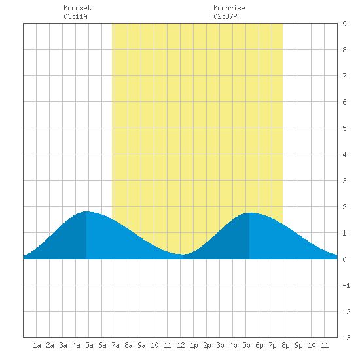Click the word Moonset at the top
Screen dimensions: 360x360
coord(77,8)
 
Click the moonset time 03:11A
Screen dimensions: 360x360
coord(75,16)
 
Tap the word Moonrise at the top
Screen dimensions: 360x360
coord(229,8)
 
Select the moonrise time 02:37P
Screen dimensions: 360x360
coord(225,16)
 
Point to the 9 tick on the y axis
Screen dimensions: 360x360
coord(344,24)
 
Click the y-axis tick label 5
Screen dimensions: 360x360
coord(344,128)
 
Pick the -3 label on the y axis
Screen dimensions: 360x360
coord(346,338)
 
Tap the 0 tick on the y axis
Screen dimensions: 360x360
coord(344,259)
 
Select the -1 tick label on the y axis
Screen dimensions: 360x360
coord(346,285)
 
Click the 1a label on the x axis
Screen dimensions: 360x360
coord(37,345)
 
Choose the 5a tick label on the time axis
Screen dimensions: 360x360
coord(89,345)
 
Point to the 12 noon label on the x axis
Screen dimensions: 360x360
coord(181,345)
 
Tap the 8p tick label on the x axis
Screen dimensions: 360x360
coord(285,345)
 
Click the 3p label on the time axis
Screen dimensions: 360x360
coord(220,345)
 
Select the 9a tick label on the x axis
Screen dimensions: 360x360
coord(141,345)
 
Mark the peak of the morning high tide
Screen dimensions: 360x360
coord(86,211)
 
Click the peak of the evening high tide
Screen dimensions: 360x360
coord(249,213)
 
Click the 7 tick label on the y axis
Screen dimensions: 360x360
coord(344,76)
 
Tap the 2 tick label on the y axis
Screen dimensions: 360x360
coord(344,207)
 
